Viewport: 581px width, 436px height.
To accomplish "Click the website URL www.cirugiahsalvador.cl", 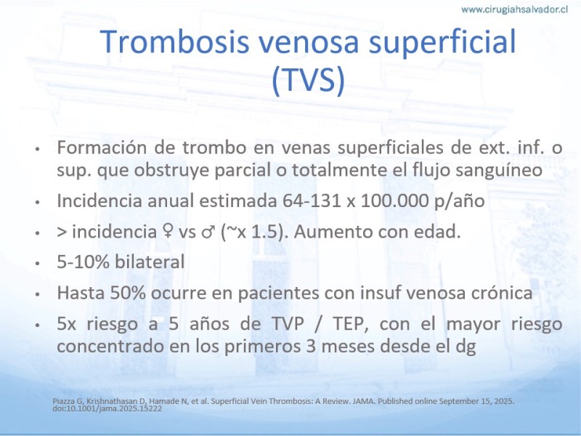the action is pos(514,9).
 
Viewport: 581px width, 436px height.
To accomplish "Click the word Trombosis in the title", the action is pos(174,41).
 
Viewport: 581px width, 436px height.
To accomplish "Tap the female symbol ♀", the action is pos(168,232).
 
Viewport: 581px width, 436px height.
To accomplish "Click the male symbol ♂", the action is pos(208,232).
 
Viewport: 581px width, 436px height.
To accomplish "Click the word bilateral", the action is pos(150,262).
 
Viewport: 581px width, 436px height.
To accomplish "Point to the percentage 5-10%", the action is pos(84,262).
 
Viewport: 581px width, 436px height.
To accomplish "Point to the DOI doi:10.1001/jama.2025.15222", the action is pos(107,408).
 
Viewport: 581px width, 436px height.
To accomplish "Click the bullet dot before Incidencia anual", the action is pos(37,202).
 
